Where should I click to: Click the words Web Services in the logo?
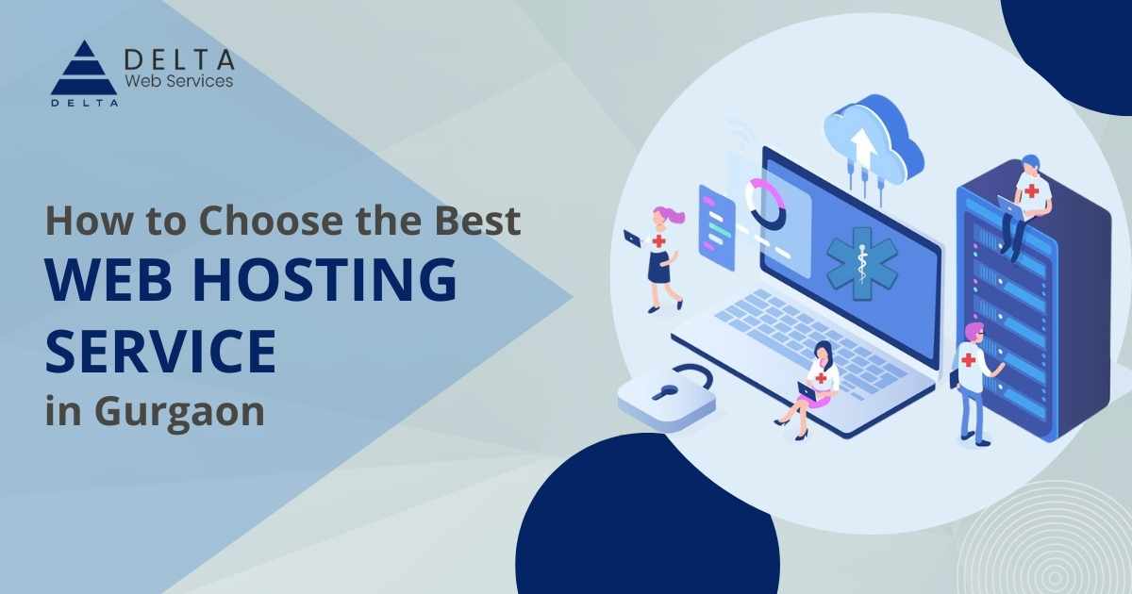click(x=179, y=81)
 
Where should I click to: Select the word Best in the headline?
click(x=478, y=221)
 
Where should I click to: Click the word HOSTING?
click(x=325, y=279)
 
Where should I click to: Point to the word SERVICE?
click(x=161, y=351)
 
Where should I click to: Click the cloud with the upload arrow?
click(x=874, y=141)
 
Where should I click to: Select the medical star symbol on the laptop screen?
click(x=861, y=264)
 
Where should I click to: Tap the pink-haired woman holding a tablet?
click(x=657, y=258)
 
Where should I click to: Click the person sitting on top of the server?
click(x=1024, y=206)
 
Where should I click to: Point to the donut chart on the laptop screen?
click(x=767, y=205)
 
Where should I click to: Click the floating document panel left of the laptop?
click(x=717, y=227)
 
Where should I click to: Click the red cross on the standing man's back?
click(x=968, y=360)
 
